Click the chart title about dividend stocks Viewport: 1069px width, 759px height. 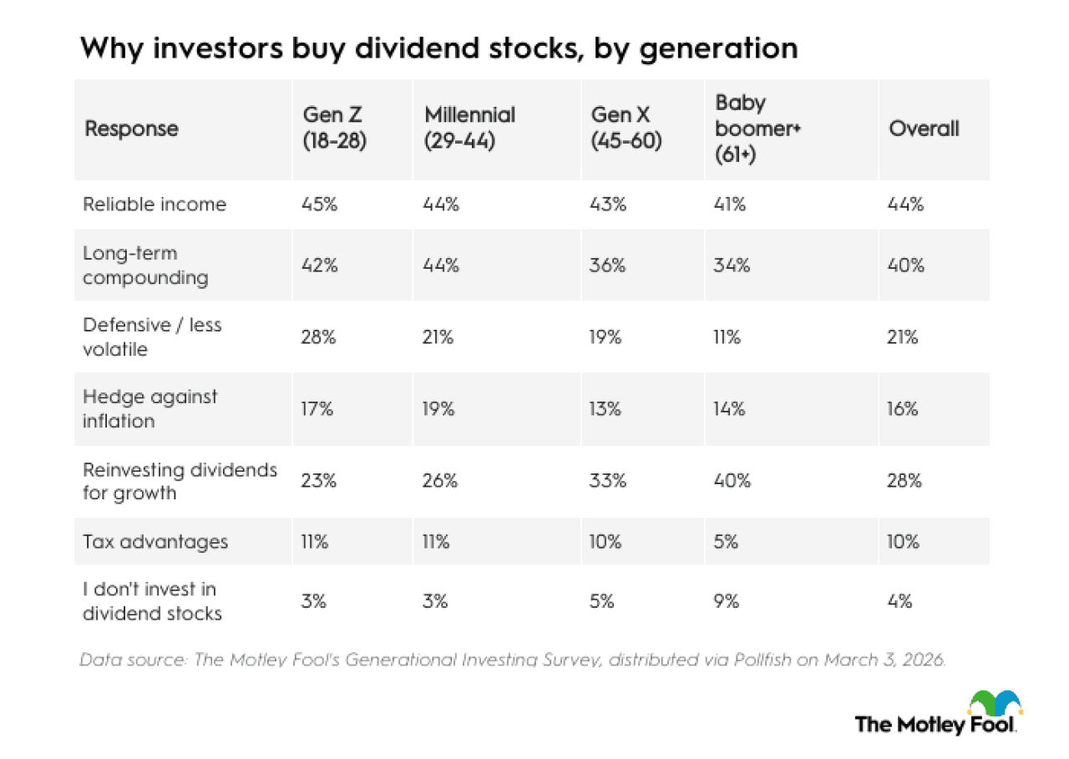click(438, 48)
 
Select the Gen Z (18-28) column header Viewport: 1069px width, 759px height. click(334, 129)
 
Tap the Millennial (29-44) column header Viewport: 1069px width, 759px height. click(469, 129)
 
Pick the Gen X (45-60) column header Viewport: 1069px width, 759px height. click(626, 129)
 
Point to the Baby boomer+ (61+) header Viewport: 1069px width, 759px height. click(752, 129)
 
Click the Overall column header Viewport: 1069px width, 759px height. click(924, 129)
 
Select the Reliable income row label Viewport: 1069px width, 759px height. click(155, 205)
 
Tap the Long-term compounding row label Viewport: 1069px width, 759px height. click(145, 266)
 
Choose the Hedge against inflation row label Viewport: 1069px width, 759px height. click(149, 409)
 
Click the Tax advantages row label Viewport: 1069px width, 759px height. click(155, 542)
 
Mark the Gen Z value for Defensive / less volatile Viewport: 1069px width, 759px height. click(319, 337)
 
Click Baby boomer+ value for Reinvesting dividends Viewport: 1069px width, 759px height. click(733, 481)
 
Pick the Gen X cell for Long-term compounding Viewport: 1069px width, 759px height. click(607, 266)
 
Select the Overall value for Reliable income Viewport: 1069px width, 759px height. click(906, 205)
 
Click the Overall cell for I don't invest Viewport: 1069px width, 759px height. click(900, 601)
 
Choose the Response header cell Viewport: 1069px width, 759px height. click(131, 129)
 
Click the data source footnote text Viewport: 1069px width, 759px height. click(513, 660)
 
